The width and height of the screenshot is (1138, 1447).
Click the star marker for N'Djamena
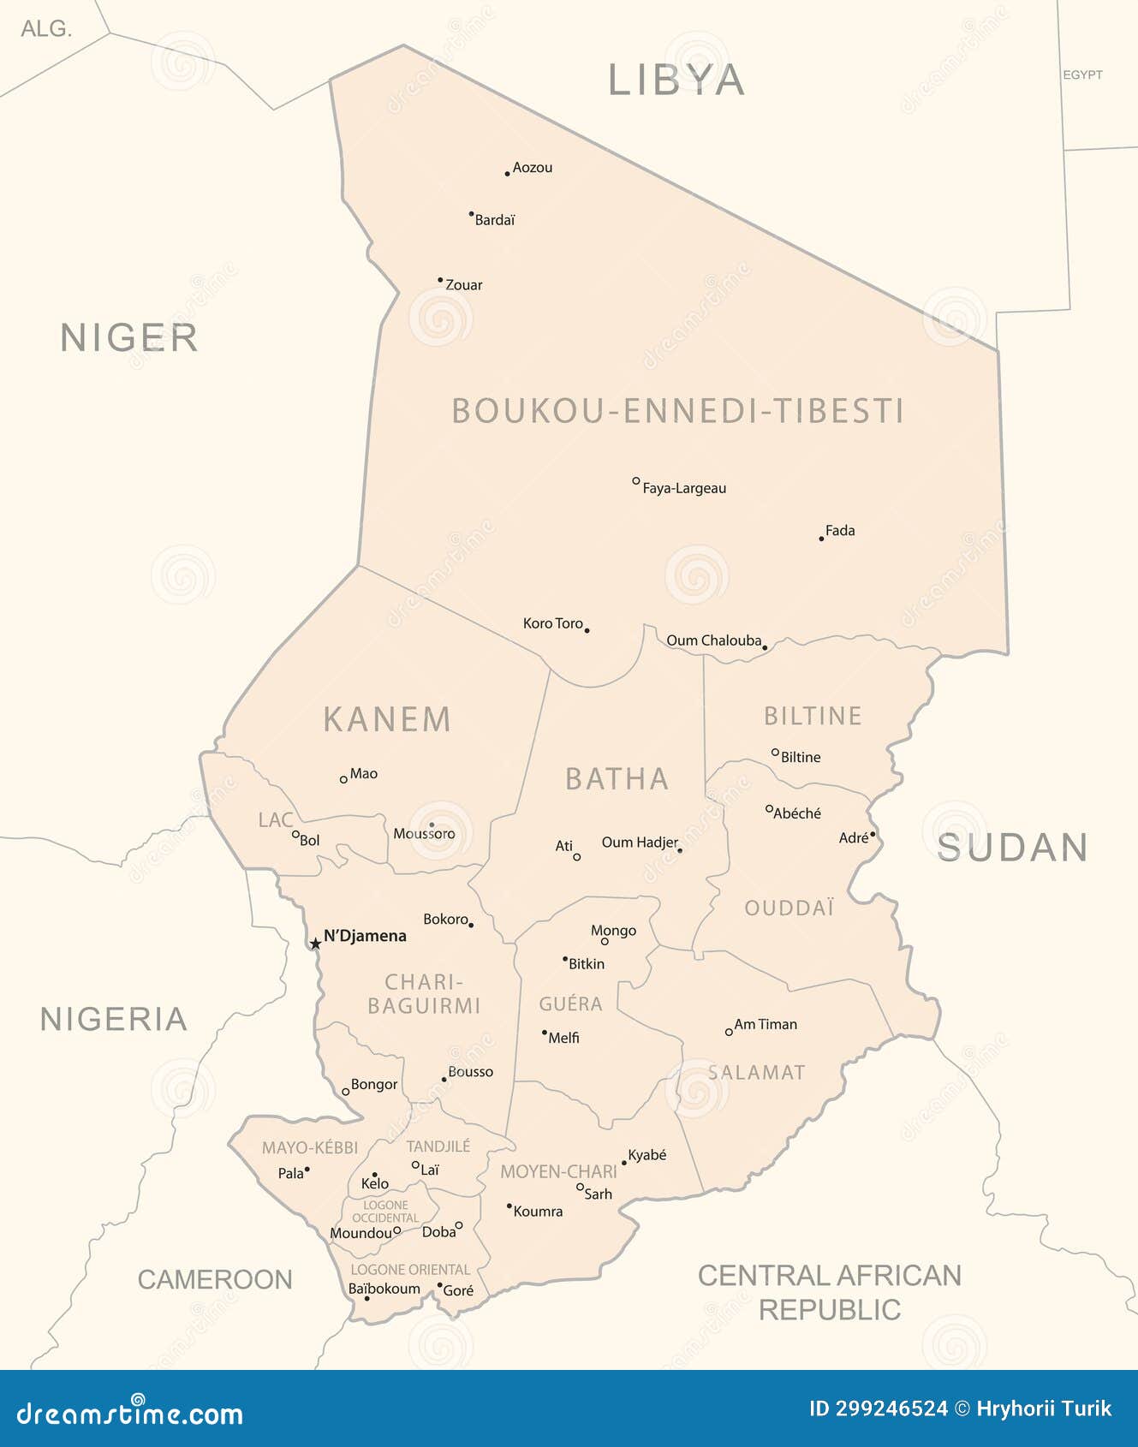tap(315, 944)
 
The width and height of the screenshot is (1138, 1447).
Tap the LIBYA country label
tap(676, 80)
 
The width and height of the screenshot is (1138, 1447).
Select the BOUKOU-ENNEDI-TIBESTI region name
tap(677, 411)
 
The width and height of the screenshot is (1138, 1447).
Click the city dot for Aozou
tap(507, 174)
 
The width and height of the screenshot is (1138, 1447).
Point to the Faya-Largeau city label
tap(684, 489)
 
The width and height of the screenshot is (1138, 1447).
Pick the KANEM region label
tap(387, 719)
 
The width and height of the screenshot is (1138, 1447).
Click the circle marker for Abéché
tap(769, 808)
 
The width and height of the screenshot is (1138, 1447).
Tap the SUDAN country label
tap(1012, 848)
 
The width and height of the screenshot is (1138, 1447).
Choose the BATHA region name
tap(617, 779)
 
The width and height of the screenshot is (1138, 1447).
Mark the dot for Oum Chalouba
tap(765, 648)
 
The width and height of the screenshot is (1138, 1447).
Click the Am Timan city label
tap(766, 1024)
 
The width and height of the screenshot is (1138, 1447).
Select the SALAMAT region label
tap(756, 1072)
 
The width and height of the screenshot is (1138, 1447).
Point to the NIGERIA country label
tap(114, 1019)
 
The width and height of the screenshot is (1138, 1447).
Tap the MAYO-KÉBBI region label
tap(310, 1148)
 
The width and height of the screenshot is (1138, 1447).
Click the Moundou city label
tap(360, 1233)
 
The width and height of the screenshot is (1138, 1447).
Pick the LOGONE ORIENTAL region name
tap(410, 1270)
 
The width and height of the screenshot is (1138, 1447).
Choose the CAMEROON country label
tap(215, 1279)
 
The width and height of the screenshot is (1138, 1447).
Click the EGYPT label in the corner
tap(1082, 75)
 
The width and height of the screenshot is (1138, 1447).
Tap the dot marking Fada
tap(821, 539)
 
